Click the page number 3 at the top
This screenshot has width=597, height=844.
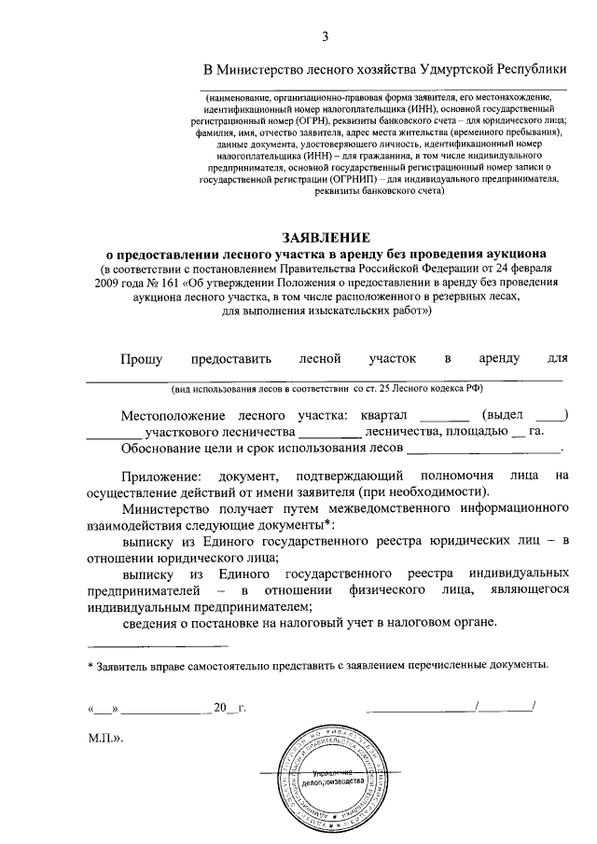pos(326,36)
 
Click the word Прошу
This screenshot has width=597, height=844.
pos(143,358)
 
